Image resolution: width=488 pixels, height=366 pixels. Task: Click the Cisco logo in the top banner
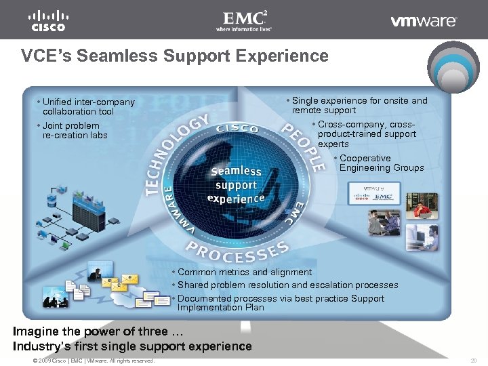point(47,20)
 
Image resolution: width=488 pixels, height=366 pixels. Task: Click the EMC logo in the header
point(243,20)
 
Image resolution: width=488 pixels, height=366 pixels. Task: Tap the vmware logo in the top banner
point(424,21)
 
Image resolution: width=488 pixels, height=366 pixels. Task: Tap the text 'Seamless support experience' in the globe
point(236,184)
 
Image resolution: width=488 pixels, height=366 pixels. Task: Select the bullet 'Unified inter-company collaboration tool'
point(87,106)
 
